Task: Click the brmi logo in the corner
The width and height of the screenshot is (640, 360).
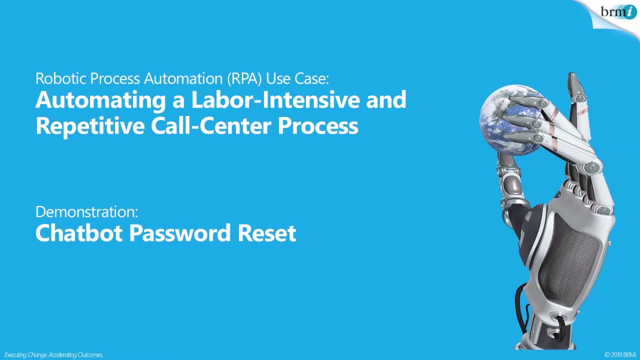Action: tap(618, 11)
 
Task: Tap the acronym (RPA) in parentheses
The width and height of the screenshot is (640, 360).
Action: tap(244, 78)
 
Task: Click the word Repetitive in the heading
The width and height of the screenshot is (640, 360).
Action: tap(89, 125)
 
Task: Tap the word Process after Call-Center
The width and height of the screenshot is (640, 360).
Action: tap(318, 125)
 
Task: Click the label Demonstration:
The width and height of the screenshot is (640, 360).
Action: tap(86, 211)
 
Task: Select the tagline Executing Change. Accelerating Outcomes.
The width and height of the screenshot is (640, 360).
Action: tap(53, 355)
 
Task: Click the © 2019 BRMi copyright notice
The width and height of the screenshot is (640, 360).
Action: tap(619, 355)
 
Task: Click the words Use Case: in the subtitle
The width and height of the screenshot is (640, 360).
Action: tap(297, 78)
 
